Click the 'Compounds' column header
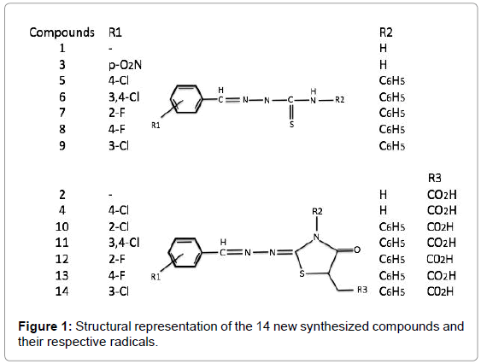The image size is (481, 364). [62, 32]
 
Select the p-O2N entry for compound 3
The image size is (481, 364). [125, 65]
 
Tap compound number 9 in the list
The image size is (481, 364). [62, 145]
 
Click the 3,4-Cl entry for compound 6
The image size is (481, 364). [124, 97]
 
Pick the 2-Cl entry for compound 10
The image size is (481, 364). [119, 226]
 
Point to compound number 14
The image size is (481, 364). [62, 291]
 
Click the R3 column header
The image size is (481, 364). [434, 178]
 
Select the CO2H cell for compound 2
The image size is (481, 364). [442, 195]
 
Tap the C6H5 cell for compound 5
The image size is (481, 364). [392, 80]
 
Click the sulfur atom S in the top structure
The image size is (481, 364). [291, 124]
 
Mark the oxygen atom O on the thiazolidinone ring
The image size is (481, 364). [357, 250]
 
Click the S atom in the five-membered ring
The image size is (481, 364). [302, 273]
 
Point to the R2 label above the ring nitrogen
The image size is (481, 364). [317, 211]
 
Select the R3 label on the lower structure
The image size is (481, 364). [362, 290]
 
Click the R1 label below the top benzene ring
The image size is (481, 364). [155, 126]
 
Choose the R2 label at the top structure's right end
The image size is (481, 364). [339, 100]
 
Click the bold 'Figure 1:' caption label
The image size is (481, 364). [45, 326]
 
